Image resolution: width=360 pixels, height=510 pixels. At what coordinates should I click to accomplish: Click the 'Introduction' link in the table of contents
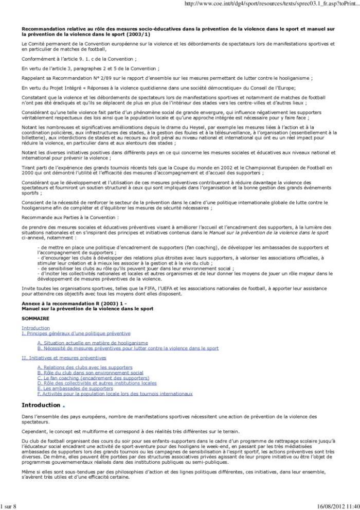pyautogui.click(x=35, y=328)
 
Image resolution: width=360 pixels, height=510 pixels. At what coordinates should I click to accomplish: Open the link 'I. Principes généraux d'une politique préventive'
pyautogui.click(x=76, y=333)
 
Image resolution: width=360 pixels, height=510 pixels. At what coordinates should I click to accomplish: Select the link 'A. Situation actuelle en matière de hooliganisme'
pyautogui.click(x=93, y=343)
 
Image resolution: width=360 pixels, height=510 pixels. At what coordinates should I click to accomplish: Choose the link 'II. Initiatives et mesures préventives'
pyautogui.click(x=64, y=357)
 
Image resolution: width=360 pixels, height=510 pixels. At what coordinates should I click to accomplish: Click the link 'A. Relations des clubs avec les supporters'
pyautogui.click(x=85, y=367)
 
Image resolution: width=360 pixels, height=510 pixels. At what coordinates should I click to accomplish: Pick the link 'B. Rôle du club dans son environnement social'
pyautogui.click(x=90, y=372)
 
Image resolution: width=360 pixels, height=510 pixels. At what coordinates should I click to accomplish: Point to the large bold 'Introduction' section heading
pyautogui.click(x=42, y=405)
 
